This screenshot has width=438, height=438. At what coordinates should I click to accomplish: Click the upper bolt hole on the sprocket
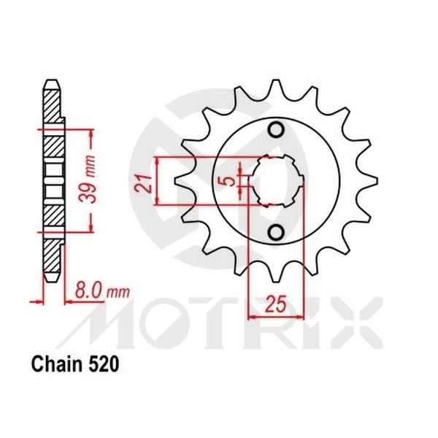click(x=276, y=131)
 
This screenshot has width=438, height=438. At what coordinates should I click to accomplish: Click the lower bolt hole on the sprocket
click(x=276, y=232)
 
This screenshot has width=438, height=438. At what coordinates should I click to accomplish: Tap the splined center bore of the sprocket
click(x=277, y=182)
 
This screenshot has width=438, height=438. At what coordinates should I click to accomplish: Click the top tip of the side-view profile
click(x=51, y=81)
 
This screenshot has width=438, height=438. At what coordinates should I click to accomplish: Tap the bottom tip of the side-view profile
click(x=51, y=281)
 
